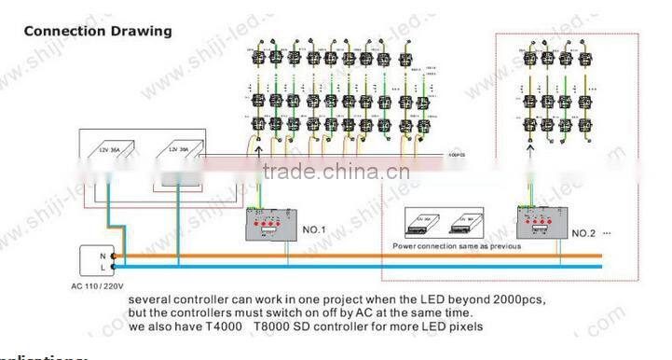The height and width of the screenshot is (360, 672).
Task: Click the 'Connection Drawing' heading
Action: click(x=97, y=31)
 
